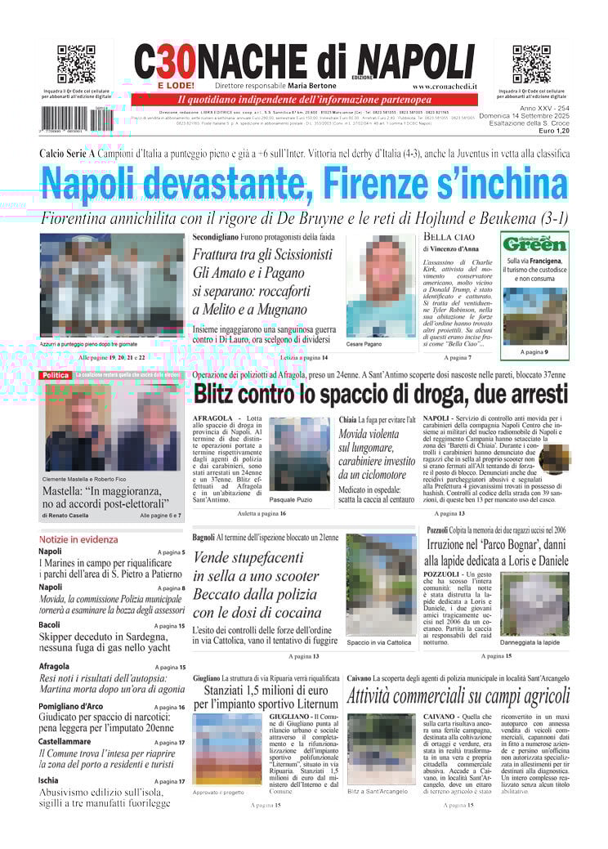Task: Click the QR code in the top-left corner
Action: [x=76, y=65]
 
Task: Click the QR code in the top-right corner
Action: [x=531, y=65]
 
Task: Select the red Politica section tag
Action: [x=56, y=375]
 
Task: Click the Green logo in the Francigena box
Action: [x=534, y=244]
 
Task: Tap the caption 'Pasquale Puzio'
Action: [x=290, y=498]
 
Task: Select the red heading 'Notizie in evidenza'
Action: [x=78, y=539]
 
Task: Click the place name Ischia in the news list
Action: [x=49, y=780]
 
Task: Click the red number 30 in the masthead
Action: [x=173, y=62]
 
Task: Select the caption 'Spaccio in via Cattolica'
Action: [x=379, y=642]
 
